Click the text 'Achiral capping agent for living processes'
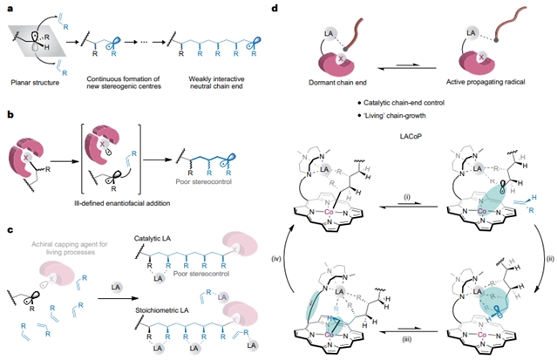[x=63, y=252]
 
